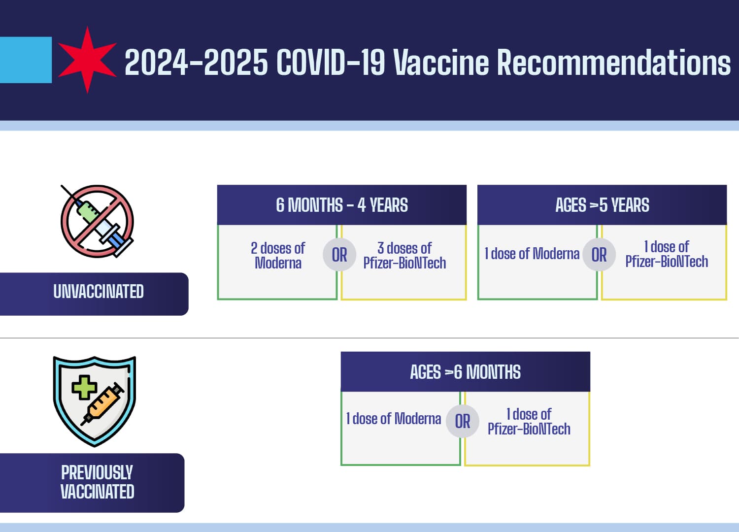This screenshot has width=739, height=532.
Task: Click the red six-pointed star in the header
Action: [x=87, y=60]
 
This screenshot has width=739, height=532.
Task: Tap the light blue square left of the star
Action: [x=25, y=60]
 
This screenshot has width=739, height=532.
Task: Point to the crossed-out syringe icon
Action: [x=97, y=221]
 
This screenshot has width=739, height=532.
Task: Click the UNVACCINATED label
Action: [x=98, y=292]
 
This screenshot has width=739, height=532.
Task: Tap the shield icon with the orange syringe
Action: [x=94, y=400]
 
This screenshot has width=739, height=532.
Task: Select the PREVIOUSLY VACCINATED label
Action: [x=97, y=482]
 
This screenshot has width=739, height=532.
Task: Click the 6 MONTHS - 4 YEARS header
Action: [x=341, y=205]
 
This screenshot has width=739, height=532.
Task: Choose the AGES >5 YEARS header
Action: [x=602, y=205]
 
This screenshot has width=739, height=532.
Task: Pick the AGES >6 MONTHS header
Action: [x=465, y=372]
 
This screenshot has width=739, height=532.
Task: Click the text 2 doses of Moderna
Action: [x=278, y=255]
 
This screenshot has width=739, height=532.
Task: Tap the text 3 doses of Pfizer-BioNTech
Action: [x=404, y=255]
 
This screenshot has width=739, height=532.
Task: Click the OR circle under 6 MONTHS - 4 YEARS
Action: [x=339, y=255]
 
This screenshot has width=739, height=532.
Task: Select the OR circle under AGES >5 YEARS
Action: [x=599, y=255]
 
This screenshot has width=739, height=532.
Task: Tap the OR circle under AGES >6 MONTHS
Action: [x=463, y=421]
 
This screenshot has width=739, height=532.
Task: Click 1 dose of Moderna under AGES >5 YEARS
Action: [x=532, y=254]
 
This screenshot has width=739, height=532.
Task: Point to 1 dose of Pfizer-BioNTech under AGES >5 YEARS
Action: [x=667, y=254]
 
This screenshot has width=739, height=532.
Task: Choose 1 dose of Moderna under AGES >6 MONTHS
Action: [x=394, y=419]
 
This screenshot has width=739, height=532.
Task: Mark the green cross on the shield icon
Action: [x=84, y=387]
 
